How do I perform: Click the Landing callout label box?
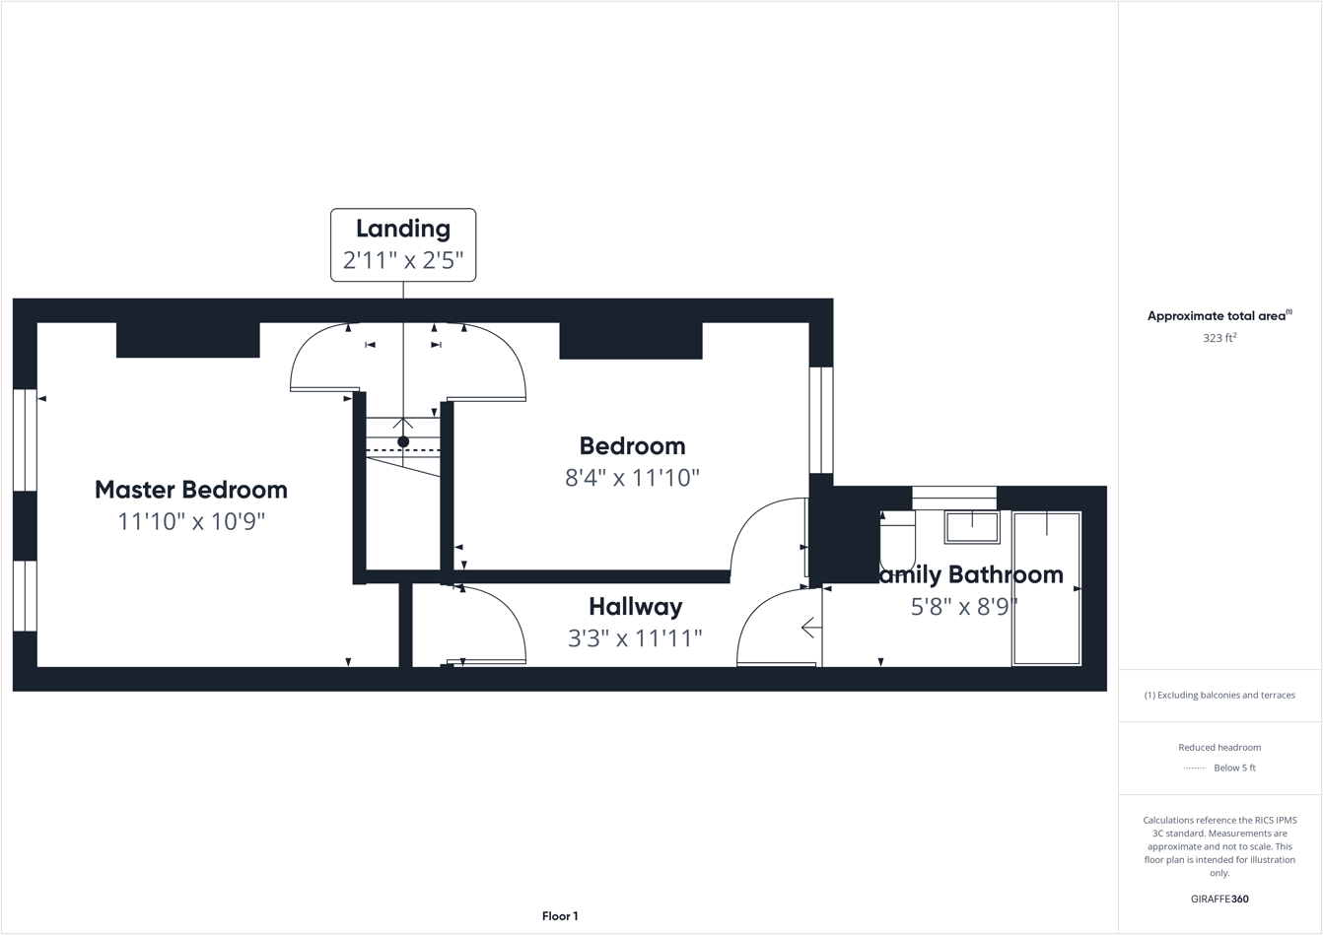pyautogui.click(x=402, y=244)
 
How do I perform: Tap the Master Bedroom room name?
pyautogui.click(x=191, y=490)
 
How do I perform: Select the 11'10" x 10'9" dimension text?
pyautogui.click(x=191, y=521)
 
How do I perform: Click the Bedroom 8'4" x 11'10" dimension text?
pyautogui.click(x=632, y=478)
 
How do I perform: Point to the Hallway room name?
pyautogui.click(x=635, y=606)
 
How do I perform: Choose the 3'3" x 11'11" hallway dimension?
pyautogui.click(x=635, y=638)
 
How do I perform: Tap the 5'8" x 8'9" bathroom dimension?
pyautogui.click(x=963, y=607)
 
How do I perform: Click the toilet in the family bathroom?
pyautogui.click(x=897, y=540)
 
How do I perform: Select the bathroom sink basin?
pyautogui.click(x=972, y=527)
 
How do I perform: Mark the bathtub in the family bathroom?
pyautogui.click(x=1046, y=588)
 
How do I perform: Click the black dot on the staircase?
pyautogui.click(x=403, y=442)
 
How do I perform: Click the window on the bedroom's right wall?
pyautogui.click(x=821, y=420)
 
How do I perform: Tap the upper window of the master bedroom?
pyautogui.click(x=25, y=440)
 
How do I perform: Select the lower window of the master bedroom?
pyautogui.click(x=25, y=596)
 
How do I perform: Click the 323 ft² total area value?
pyautogui.click(x=1219, y=338)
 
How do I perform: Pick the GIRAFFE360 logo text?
pyautogui.click(x=1219, y=899)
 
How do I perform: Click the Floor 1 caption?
pyautogui.click(x=560, y=916)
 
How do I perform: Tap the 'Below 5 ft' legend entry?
pyautogui.click(x=1234, y=768)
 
